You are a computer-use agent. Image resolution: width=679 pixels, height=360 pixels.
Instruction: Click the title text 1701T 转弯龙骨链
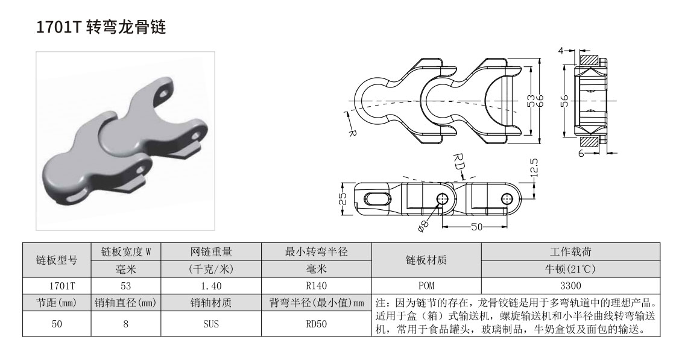[101, 28]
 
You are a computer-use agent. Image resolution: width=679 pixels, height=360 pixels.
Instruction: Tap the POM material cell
[426, 285]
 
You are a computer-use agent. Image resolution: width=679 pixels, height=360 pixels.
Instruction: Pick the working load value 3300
[570, 285]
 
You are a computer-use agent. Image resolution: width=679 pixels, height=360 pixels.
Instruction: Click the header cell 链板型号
[56, 260]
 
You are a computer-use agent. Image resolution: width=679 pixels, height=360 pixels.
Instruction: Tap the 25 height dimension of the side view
[343, 198]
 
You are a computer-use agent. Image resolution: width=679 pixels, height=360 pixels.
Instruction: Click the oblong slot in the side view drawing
[376, 198]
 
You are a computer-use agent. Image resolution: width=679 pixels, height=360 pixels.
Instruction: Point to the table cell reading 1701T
[56, 285]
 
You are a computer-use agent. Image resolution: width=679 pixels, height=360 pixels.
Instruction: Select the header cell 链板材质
[426, 260]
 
